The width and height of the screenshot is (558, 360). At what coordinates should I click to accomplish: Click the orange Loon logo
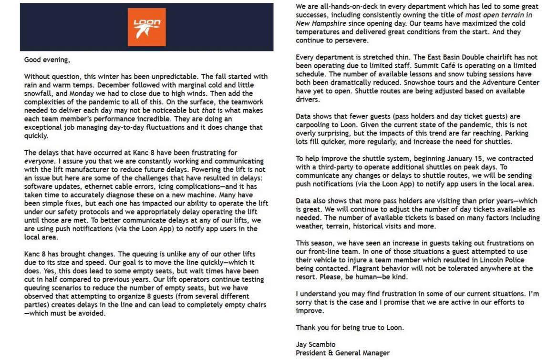pyautogui.click(x=146, y=27)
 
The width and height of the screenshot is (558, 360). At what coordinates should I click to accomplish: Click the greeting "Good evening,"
pyautogui.click(x=47, y=60)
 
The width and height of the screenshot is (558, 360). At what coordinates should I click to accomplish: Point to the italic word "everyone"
pyautogui.click(x=40, y=161)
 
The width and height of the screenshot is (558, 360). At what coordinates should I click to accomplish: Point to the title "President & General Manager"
pyautogui.click(x=342, y=353)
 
